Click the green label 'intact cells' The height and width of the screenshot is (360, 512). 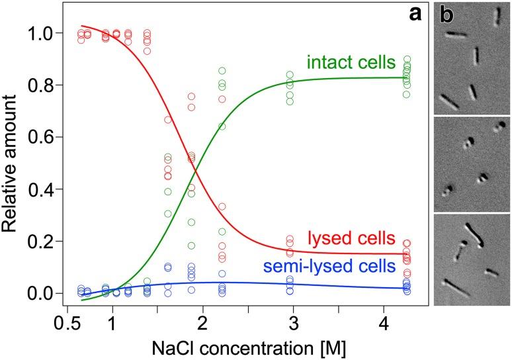[350, 64]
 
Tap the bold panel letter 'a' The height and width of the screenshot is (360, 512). [415, 15]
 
